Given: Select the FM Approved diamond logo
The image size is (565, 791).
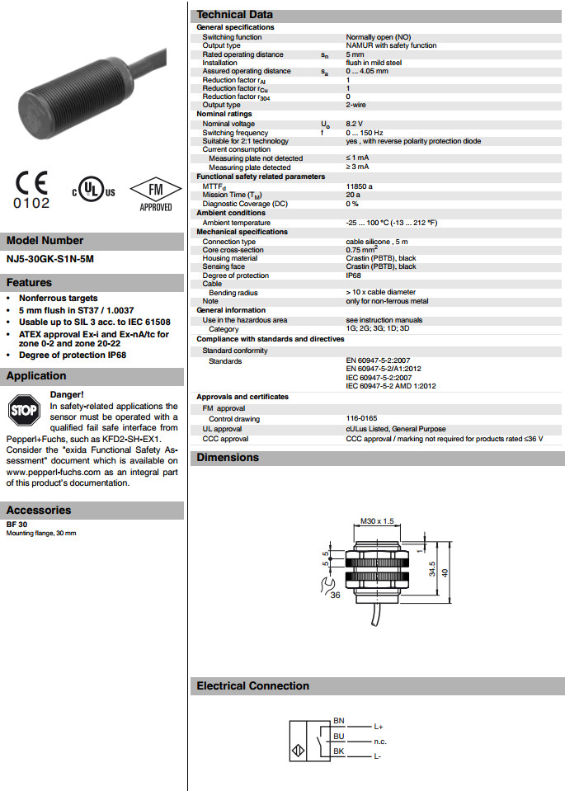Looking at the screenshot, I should pos(154,192).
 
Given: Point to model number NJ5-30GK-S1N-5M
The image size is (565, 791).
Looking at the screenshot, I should pos(50,259).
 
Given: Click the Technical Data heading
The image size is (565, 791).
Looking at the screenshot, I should pos(234,14).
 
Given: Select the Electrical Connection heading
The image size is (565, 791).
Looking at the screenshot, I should pos(252,685).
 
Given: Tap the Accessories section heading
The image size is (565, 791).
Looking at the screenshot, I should pos(38,510).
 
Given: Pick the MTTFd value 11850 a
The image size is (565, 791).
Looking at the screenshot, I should pos(360,186).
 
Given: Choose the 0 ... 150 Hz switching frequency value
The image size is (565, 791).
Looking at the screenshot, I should pos(364,133).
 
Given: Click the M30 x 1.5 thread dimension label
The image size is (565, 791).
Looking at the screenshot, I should pos(378,521).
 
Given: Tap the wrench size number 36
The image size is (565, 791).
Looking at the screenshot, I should pos(334,595).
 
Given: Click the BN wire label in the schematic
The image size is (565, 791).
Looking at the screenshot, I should pos(338,721).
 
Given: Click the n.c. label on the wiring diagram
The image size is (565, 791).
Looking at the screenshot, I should pos(380,742).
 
